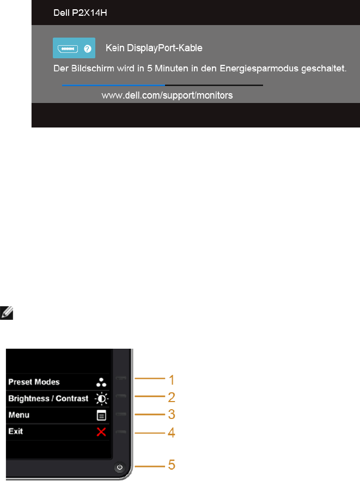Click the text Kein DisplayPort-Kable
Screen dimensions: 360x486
pos(154,48)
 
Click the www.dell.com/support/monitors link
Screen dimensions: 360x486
pos(167,95)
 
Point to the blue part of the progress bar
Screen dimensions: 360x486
pos(113,85)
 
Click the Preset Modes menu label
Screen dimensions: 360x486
pos(34,382)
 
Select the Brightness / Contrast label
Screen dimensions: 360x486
pos(48,398)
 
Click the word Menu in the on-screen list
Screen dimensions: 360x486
pos(19,415)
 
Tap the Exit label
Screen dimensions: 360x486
pos(16,431)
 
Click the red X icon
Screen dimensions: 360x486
pos(101,432)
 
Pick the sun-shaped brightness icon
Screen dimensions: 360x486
pos(101,398)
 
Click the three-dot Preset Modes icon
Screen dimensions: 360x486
pos(101,382)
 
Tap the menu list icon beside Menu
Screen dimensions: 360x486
pos(101,415)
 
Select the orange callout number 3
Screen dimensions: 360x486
pos(171,415)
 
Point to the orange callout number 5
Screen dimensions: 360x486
pos(172,465)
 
